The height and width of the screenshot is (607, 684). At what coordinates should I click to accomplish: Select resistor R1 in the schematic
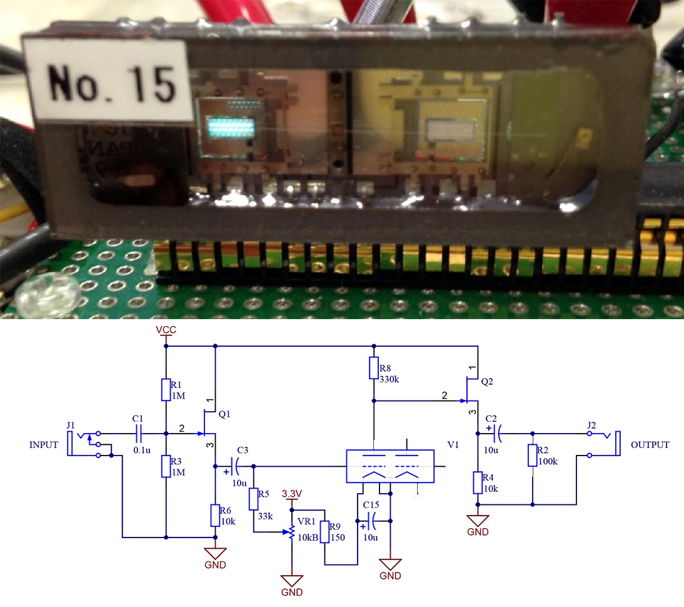(166, 389)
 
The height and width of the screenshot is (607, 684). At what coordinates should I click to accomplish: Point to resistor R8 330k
(373, 368)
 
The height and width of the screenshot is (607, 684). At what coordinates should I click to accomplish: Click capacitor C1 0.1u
(139, 433)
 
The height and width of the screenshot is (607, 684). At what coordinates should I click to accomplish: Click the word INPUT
(43, 446)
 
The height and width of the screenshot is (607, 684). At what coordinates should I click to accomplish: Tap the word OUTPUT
(650, 445)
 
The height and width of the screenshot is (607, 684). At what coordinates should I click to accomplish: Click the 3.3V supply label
(292, 494)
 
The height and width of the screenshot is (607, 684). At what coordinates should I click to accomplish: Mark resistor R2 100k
(532, 455)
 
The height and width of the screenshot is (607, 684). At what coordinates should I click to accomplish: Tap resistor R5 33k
(254, 499)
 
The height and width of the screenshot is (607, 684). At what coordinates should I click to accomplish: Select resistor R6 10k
(215, 515)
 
